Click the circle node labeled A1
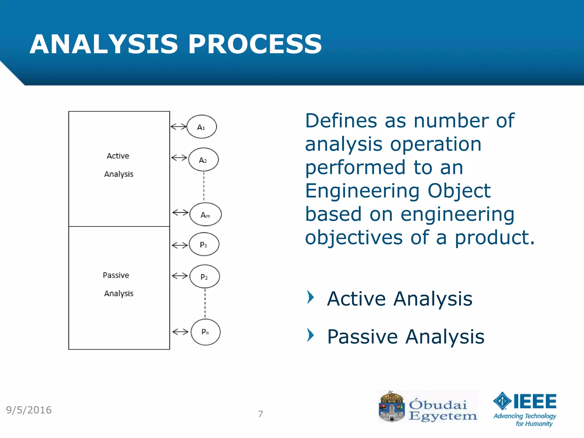tap(202, 127)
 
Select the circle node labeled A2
tap(203, 160)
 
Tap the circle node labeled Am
tap(205, 214)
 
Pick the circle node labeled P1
tap(204, 244)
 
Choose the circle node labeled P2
tap(204, 277)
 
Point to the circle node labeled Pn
tap(205, 332)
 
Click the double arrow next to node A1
tap(179, 126)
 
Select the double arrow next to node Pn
tap(181, 332)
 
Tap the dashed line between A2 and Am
tap(204, 187)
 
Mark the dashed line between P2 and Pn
tap(205, 304)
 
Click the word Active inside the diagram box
tap(118, 156)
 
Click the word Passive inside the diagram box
tap(116, 275)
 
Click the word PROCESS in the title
tap(255, 44)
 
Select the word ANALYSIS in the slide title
tap(104, 44)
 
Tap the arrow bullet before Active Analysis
tap(311, 297)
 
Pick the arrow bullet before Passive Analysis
tap(311, 335)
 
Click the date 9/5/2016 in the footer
tap(29, 410)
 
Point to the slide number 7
tap(260, 414)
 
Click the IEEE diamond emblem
tap(502, 401)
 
